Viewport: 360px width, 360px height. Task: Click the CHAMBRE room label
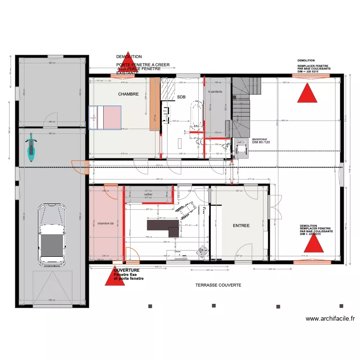(x=128, y=95)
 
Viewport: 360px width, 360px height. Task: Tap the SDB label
(x=181, y=97)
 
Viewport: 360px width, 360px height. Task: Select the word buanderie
(x=215, y=91)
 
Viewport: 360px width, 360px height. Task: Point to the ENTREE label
(x=241, y=225)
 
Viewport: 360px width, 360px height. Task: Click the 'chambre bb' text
(x=106, y=224)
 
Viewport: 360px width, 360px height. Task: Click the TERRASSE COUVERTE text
(x=218, y=285)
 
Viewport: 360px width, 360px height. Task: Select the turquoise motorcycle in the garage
(x=31, y=148)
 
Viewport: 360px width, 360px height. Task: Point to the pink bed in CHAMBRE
(x=105, y=118)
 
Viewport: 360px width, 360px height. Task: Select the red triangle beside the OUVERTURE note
(x=115, y=276)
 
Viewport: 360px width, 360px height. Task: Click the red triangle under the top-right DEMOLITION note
(x=307, y=92)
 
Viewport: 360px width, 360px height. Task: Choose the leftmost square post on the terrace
(x=150, y=306)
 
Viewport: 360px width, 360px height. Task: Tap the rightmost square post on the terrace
(x=341, y=306)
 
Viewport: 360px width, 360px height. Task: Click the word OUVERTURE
(x=127, y=271)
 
